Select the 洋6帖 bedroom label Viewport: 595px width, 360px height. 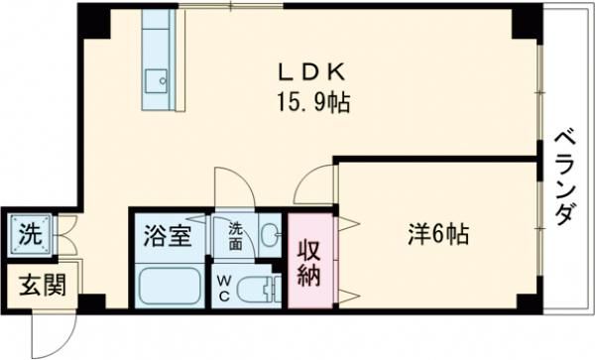pyautogui.click(x=437, y=236)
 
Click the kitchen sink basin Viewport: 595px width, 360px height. pyautogui.click(x=157, y=78)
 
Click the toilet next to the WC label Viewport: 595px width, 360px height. pyautogui.click(x=261, y=289)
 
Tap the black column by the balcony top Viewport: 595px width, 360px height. pyautogui.click(x=524, y=21)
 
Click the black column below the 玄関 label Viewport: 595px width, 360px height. pyautogui.click(x=91, y=300)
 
